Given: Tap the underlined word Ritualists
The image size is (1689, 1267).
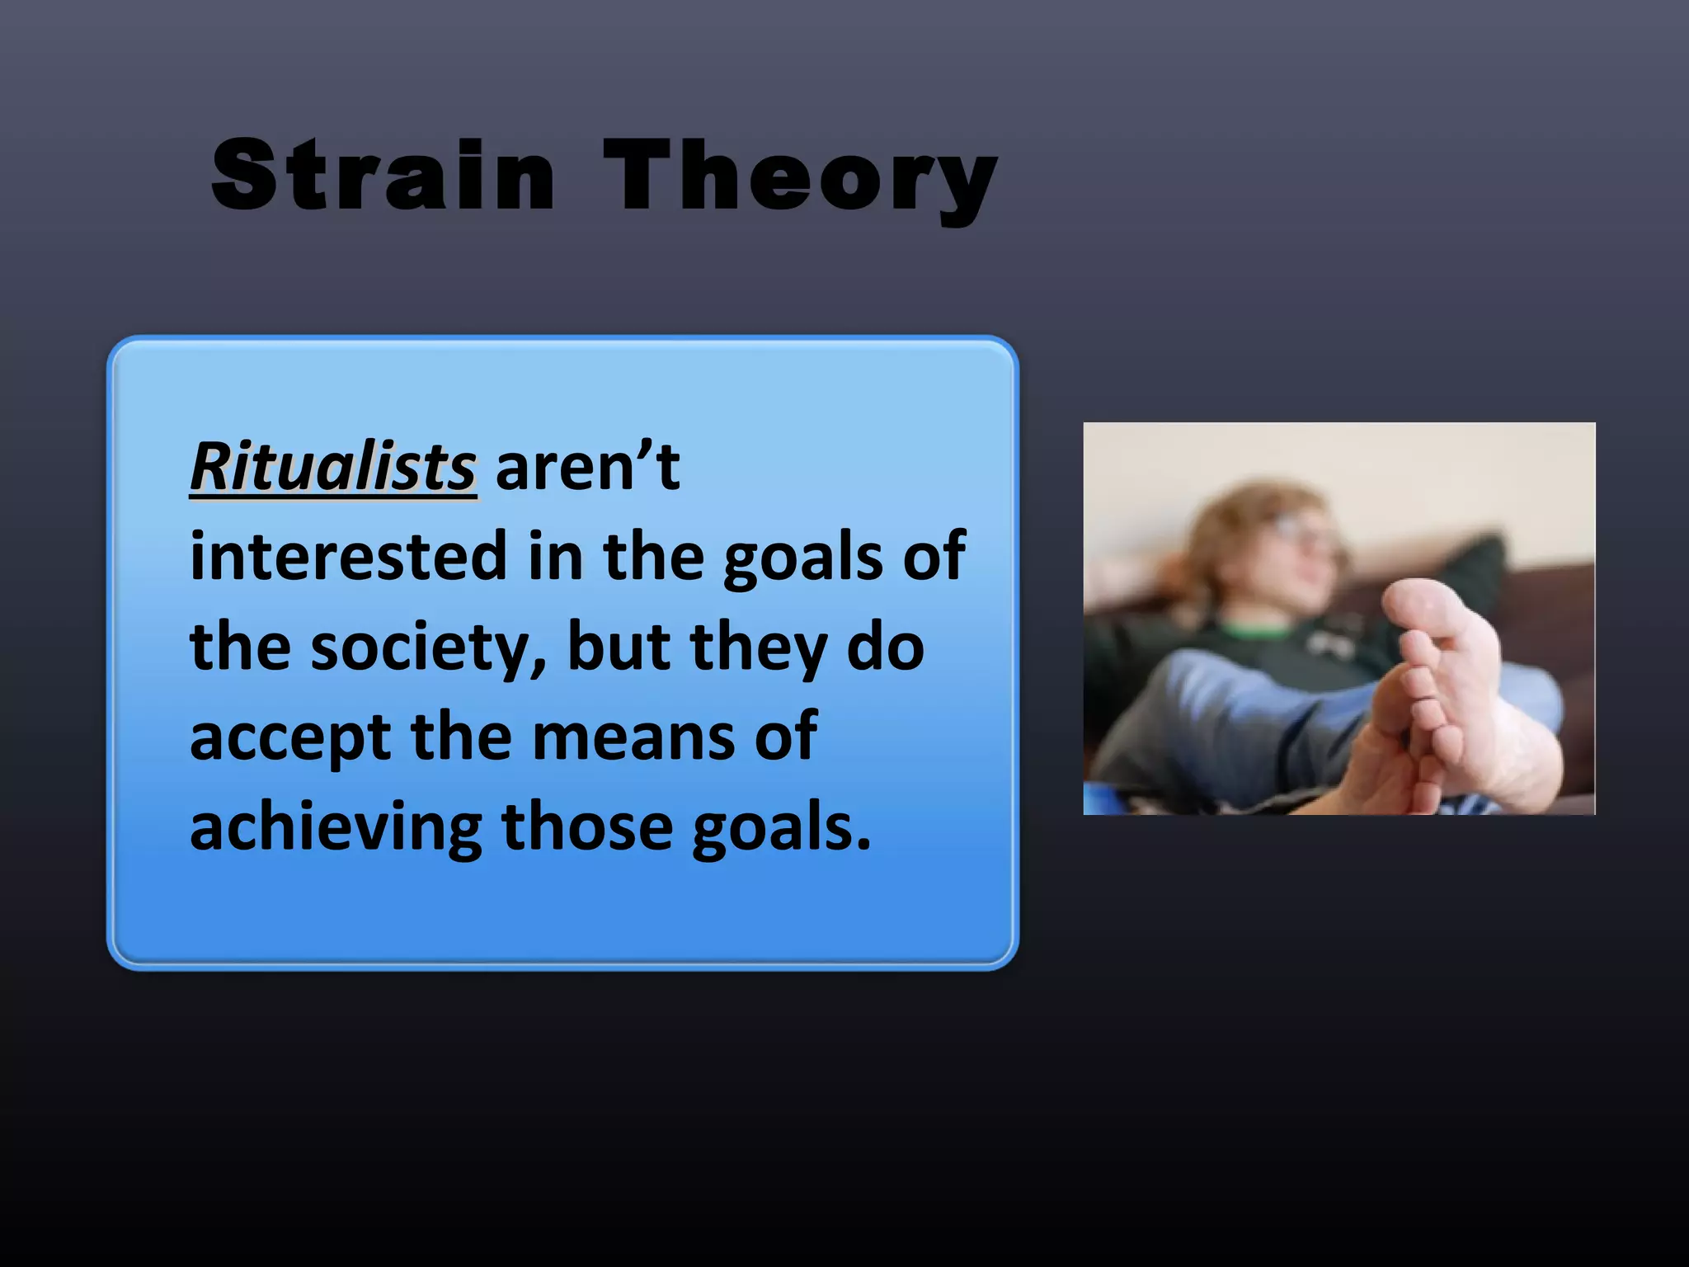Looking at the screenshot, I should point(333,468).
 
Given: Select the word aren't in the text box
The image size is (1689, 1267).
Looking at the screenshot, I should point(587,468).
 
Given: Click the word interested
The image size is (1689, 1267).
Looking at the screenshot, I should point(347,558).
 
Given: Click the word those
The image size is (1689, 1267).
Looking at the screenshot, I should point(586,827).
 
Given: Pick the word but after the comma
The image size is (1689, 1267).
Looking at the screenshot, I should point(619,647).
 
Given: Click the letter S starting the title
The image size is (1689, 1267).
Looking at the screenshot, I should point(243,175).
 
